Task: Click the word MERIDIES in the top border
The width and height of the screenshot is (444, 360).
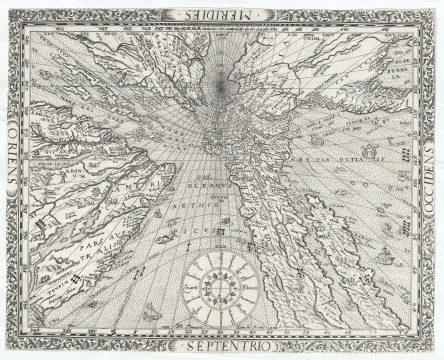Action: point(222,13)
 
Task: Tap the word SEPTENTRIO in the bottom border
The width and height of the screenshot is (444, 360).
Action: point(222,347)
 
